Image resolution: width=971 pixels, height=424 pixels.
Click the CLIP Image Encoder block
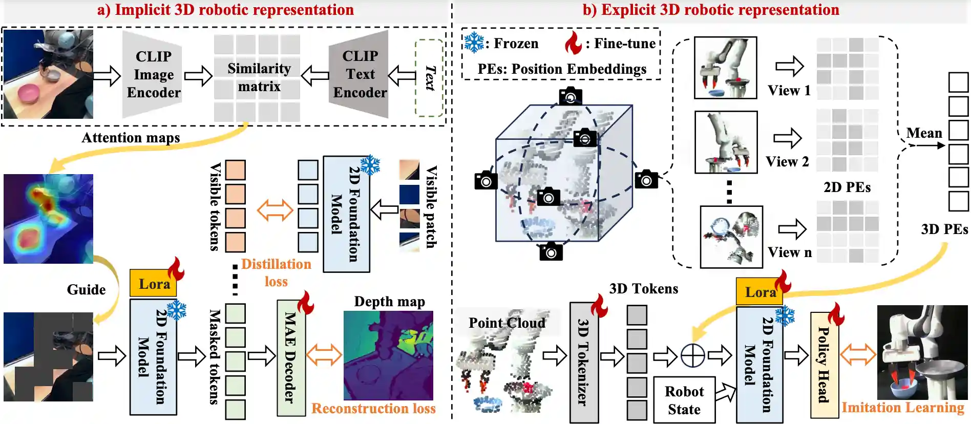click(153, 74)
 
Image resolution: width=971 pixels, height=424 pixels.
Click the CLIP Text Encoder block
click(360, 74)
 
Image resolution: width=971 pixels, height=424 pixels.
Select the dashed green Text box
click(429, 78)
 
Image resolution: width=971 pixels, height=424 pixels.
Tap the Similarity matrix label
click(259, 77)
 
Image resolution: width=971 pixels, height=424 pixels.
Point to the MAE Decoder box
click(291, 357)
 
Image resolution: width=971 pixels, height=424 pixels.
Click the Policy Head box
click(824, 365)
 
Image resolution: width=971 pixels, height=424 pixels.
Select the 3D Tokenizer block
click(584, 362)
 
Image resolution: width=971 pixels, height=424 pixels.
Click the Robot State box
click(684, 400)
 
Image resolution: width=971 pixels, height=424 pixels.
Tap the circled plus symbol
click(692, 355)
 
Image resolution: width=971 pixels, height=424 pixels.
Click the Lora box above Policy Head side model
click(760, 292)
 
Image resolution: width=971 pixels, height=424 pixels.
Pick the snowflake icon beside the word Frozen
click(474, 43)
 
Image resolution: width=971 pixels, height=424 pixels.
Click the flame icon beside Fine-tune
click(574, 43)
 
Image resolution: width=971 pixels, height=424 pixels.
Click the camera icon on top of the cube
click(571, 96)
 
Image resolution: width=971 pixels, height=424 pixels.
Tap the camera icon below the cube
click(551, 252)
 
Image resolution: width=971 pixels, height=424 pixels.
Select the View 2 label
click(787, 162)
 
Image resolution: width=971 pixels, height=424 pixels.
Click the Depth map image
click(388, 355)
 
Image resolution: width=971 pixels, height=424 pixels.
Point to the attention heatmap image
click(48, 219)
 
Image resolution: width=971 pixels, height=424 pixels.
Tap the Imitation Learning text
click(902, 408)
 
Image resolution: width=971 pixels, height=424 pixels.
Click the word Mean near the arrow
click(924, 133)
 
